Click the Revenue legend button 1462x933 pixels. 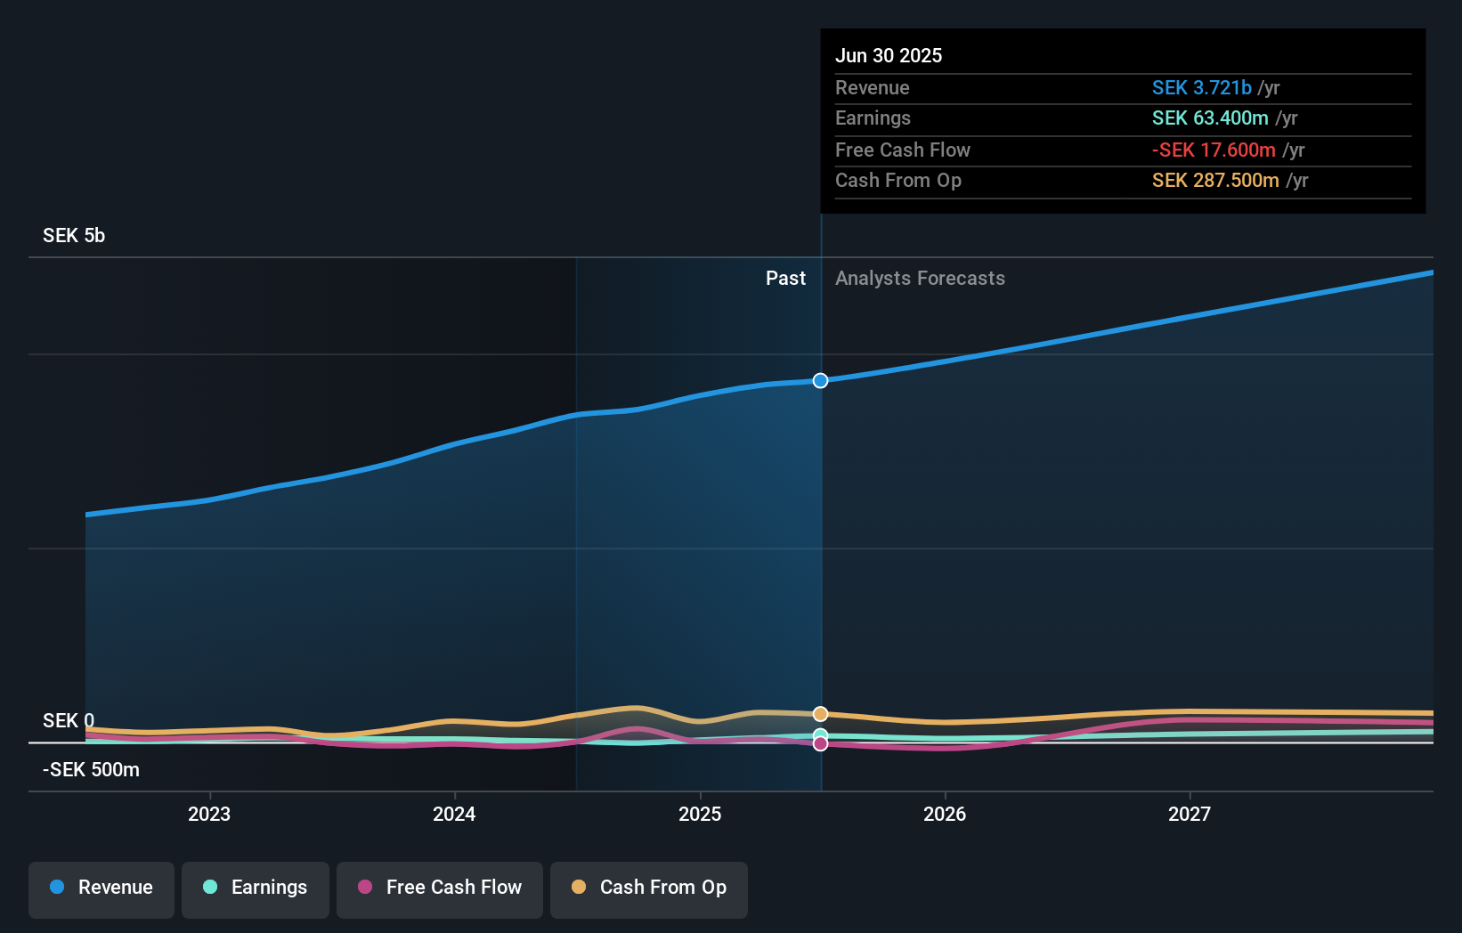point(102,888)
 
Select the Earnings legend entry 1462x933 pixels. point(256,888)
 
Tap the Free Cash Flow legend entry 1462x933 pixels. point(440,888)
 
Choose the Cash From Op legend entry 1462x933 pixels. point(649,888)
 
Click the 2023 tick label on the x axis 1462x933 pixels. point(209,814)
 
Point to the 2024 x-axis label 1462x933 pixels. point(454,814)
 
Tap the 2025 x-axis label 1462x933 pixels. point(700,814)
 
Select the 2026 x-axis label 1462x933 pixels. point(945,814)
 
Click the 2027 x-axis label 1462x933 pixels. point(1190,814)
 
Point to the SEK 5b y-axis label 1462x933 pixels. point(74,235)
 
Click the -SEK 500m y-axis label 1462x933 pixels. point(92,769)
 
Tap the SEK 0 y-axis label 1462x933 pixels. point(69,720)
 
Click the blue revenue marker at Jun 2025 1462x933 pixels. point(820,380)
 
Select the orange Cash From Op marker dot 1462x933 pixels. point(820,714)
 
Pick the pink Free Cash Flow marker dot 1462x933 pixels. point(820,743)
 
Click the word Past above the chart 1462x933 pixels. point(785,278)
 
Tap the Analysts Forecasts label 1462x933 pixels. point(920,278)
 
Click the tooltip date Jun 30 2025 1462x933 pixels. point(888,55)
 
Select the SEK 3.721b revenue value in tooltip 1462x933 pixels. point(1201,87)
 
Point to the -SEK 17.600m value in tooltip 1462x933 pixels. point(1214,150)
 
